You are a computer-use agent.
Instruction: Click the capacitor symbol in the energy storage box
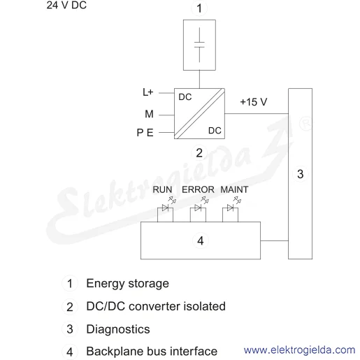click(x=199, y=45)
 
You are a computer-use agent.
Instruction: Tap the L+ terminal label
click(x=148, y=92)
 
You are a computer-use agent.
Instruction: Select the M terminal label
click(x=149, y=114)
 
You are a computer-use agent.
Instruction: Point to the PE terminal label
click(x=145, y=133)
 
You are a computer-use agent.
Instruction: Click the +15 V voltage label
click(x=254, y=102)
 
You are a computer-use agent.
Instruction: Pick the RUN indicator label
click(x=162, y=189)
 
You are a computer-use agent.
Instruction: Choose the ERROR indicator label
click(x=198, y=189)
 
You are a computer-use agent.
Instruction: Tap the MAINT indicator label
click(x=234, y=189)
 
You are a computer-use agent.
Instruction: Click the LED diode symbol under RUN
click(x=166, y=208)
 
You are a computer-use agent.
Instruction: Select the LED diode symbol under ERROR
click(x=198, y=208)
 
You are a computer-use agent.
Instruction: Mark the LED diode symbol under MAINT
click(x=230, y=208)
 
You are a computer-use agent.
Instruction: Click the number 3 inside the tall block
click(x=301, y=174)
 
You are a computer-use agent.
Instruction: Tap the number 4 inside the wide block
click(x=201, y=240)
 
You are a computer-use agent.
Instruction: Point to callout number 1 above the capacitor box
click(x=199, y=8)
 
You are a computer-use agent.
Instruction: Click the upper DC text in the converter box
click(x=185, y=97)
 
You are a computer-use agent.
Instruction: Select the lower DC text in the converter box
click(x=215, y=131)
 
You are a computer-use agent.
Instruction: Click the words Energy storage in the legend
click(x=128, y=284)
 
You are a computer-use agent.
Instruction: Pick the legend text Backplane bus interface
click(x=152, y=352)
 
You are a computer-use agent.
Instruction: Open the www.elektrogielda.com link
click(x=300, y=350)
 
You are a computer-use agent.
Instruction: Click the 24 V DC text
click(x=66, y=5)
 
